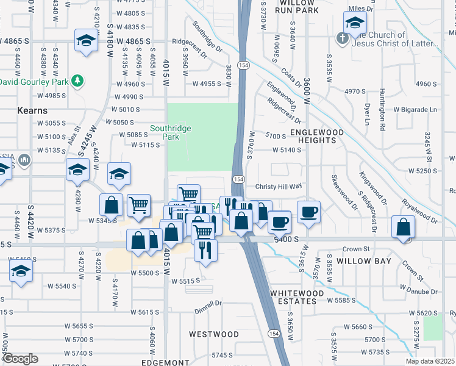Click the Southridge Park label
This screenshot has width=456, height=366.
[171, 133]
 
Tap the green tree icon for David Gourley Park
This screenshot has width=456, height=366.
[77, 81]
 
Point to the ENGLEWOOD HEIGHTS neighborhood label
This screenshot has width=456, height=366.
[313, 136]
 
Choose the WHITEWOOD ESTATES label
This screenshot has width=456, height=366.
[297, 297]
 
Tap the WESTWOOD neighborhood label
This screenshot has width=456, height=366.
[213, 334]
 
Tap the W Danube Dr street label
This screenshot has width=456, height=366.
[416, 292]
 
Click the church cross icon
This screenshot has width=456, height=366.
[343, 38]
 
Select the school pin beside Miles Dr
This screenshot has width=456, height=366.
[354, 24]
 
